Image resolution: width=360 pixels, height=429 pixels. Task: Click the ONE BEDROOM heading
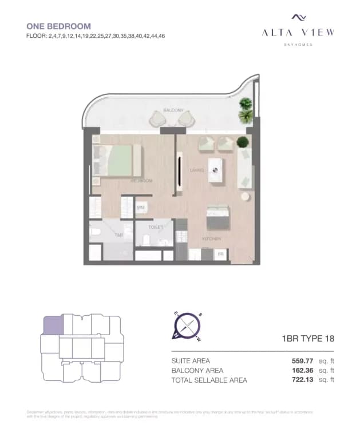[59, 26]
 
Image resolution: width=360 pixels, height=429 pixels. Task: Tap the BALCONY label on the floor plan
[173, 110]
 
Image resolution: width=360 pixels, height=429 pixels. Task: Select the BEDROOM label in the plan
[141, 181]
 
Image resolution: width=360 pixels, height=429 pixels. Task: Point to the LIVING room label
[197, 170]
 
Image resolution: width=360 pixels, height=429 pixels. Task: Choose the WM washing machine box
[140, 208]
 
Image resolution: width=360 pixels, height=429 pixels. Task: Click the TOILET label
[156, 227]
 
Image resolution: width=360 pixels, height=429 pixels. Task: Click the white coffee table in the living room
[216, 169]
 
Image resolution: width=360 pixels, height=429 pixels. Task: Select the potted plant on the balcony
[246, 110]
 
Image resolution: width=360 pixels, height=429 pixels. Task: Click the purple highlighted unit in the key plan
[53, 327]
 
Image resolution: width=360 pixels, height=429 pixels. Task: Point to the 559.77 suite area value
[303, 361]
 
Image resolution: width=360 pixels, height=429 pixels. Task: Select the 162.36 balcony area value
[303, 370]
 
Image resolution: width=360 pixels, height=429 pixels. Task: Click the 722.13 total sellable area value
[303, 379]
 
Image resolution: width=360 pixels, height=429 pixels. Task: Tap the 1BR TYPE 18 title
[308, 339]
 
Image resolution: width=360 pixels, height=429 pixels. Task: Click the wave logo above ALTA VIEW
[298, 18]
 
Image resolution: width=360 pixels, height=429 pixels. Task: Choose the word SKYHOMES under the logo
[298, 44]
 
